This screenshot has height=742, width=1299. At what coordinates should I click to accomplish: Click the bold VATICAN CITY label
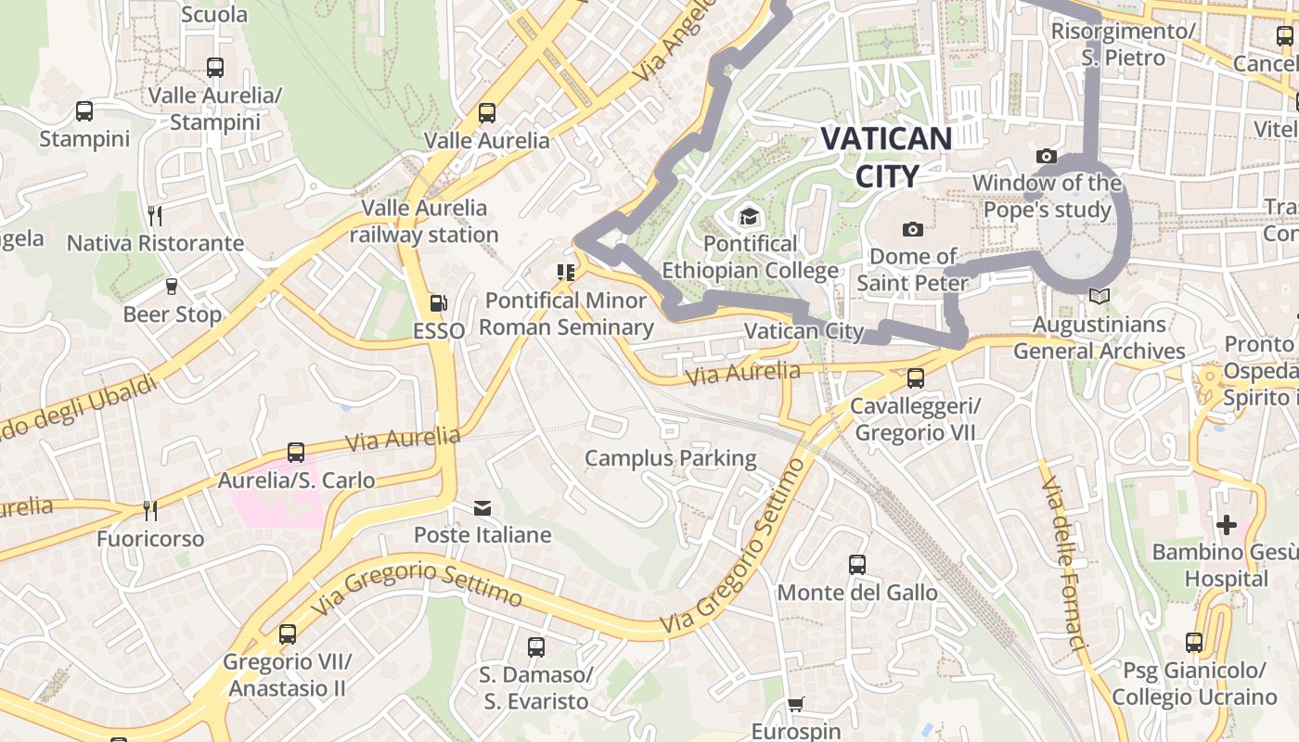[x=886, y=157]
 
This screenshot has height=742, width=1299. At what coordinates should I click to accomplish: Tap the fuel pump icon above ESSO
[x=438, y=303]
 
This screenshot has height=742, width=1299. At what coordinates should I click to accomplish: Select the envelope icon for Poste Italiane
[x=482, y=508]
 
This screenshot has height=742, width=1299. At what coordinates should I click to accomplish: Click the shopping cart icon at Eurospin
[x=795, y=705]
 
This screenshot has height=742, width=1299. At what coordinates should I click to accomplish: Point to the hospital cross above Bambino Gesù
[x=1226, y=525]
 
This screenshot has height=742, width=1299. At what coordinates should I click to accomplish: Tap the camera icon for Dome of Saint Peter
[x=912, y=229]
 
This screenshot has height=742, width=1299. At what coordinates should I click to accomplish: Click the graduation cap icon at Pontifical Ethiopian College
[x=748, y=218]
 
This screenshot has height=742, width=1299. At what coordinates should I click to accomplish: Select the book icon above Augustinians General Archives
[x=1099, y=297]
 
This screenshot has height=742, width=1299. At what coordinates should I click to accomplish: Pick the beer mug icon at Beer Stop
[x=172, y=287]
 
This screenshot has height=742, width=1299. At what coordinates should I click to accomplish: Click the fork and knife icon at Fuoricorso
[x=149, y=510]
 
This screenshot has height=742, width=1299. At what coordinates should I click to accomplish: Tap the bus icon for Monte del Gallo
[x=857, y=564]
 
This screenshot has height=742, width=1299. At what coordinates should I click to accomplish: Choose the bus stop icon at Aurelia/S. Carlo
[x=296, y=453]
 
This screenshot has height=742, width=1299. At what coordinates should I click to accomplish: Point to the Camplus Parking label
[x=670, y=458]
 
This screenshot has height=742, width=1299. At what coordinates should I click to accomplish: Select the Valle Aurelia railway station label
[x=424, y=221]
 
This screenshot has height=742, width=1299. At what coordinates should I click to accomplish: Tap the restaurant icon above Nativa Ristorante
[x=155, y=216]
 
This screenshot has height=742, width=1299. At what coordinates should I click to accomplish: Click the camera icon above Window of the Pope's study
[x=1047, y=156]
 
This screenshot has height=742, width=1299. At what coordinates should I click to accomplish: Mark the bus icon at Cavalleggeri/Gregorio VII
[x=915, y=378]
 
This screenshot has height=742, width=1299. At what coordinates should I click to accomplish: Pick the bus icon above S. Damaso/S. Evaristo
[x=535, y=647]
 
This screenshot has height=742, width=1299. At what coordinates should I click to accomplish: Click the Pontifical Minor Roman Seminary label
[x=566, y=313]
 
